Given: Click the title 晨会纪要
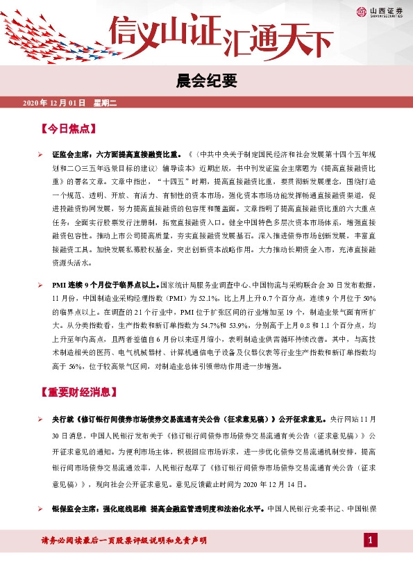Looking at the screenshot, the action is (206, 81).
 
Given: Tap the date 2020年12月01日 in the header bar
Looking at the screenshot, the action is (54, 103).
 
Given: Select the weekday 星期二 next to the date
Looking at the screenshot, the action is (106, 103).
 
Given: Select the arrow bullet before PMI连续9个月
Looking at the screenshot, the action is (41, 285).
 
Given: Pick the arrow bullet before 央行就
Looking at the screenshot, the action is (41, 420).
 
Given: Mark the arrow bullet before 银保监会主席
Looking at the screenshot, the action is (41, 509).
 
